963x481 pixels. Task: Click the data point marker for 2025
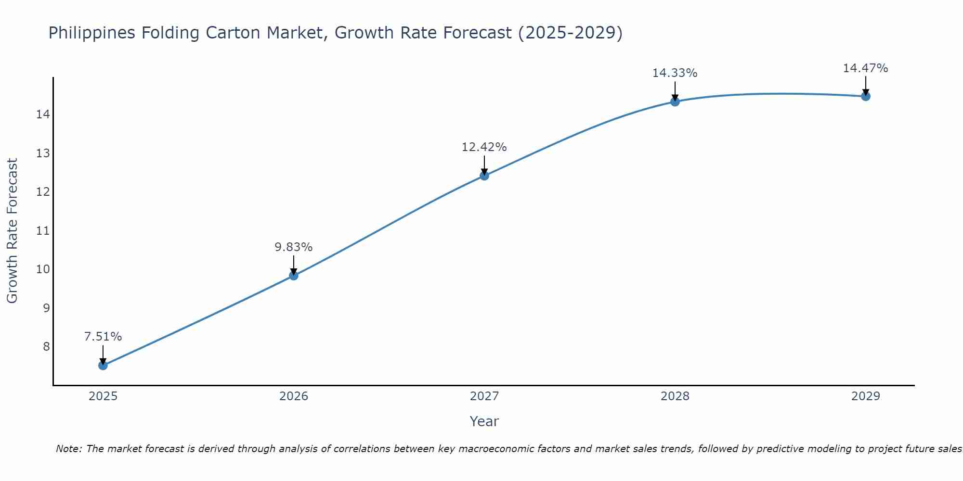point(103,366)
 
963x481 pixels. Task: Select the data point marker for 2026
point(294,276)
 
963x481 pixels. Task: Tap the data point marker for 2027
point(484,176)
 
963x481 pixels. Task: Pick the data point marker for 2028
point(675,101)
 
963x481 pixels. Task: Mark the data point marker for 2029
point(866,96)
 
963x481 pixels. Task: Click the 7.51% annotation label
point(103,337)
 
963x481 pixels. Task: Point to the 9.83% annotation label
point(294,247)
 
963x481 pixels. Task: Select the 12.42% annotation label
point(484,147)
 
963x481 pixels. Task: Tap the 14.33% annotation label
point(675,73)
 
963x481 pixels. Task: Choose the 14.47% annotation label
point(866,68)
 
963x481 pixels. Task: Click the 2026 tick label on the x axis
point(294,396)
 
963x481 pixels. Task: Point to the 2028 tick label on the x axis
point(675,396)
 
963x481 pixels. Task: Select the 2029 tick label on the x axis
point(866,396)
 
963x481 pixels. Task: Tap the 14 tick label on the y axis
point(43,114)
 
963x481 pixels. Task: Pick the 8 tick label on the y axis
point(46,346)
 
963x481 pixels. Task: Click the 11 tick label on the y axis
point(43,231)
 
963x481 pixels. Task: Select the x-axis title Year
point(484,421)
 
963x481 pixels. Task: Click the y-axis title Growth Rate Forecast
point(13,231)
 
